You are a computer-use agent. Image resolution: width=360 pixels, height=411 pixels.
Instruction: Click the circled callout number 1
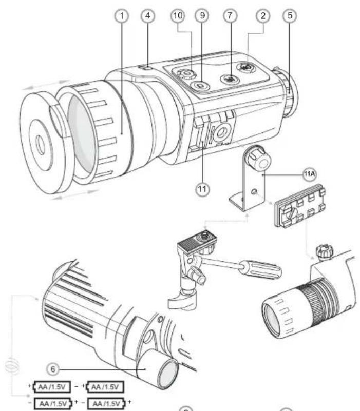(122, 16)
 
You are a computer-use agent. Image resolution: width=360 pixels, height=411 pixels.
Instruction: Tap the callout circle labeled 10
(176, 16)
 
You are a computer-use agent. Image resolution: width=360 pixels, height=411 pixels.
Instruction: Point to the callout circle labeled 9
(201, 16)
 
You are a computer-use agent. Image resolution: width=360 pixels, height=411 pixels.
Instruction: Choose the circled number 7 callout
(227, 16)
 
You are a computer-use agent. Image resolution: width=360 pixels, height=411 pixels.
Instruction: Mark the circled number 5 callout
(290, 16)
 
